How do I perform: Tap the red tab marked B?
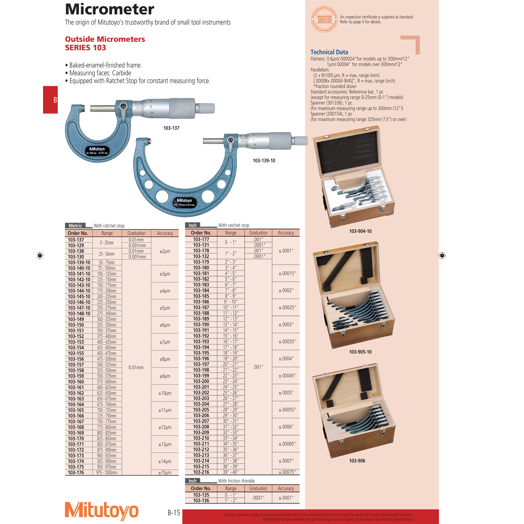[x=51, y=100]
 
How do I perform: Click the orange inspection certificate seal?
[x=324, y=19]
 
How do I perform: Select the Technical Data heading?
[x=329, y=52]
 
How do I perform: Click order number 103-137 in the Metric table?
[x=76, y=240]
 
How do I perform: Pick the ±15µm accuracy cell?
[x=165, y=473]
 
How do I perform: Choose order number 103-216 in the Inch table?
[x=201, y=472]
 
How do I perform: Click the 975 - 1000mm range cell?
[x=107, y=473]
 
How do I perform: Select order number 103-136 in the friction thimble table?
[x=201, y=500]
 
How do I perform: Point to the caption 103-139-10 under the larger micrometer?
[x=264, y=161]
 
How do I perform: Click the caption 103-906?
[x=357, y=461]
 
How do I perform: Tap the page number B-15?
[x=174, y=512]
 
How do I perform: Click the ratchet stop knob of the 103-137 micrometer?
[x=207, y=108]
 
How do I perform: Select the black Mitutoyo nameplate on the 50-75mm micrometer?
[x=184, y=202]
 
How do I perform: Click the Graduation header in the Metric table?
[x=137, y=233]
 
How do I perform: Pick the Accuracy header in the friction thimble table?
[x=286, y=488]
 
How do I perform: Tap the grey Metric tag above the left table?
[x=75, y=226]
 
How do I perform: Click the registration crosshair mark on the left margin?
[x=40, y=255]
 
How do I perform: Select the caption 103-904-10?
[x=360, y=231]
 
